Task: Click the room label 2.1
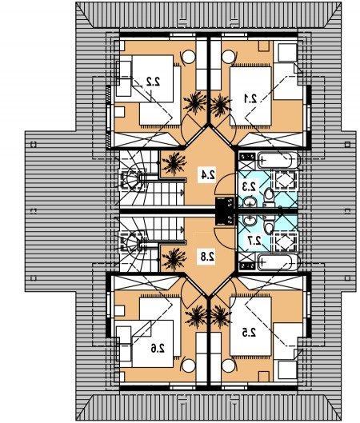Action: pos(250,99)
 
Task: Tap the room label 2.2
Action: pos(154,82)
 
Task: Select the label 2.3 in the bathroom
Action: pos(250,186)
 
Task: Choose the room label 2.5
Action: pos(249,333)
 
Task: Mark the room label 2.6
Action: pos(158,349)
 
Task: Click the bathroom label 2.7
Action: pos(254,241)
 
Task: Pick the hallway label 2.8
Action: pos(207,257)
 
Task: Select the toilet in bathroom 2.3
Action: pos(269,196)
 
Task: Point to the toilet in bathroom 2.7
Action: pos(269,226)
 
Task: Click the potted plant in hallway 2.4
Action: pos(174,163)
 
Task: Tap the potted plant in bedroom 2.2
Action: pos(195,103)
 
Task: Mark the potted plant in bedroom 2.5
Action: pos(220,317)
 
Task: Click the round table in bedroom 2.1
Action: pos(229,57)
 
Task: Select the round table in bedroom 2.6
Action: pos(189,366)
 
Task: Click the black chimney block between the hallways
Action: pos(225,211)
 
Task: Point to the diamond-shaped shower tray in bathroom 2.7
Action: pos(284,242)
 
